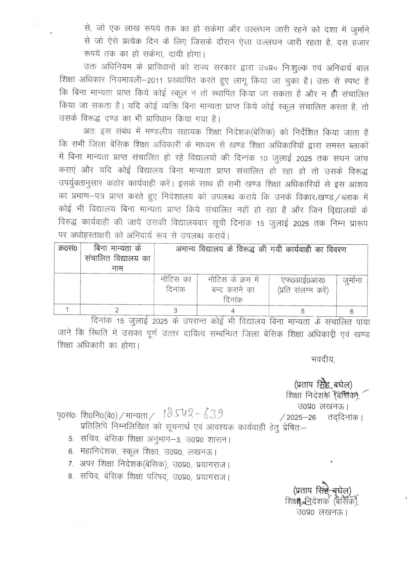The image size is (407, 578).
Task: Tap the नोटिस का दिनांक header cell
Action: coord(175,284)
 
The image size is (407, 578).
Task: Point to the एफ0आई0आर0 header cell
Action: coord(302,285)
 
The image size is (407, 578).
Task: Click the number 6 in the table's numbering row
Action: coord(352,311)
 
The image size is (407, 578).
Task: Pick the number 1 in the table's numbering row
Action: coord(67,310)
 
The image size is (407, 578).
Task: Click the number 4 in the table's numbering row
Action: coord(233,311)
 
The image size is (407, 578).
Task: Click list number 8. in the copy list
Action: coord(71,477)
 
